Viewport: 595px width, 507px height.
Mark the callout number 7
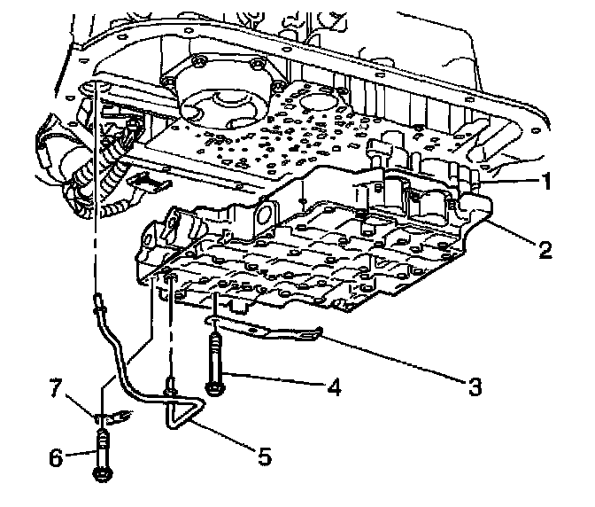coord(56,386)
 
